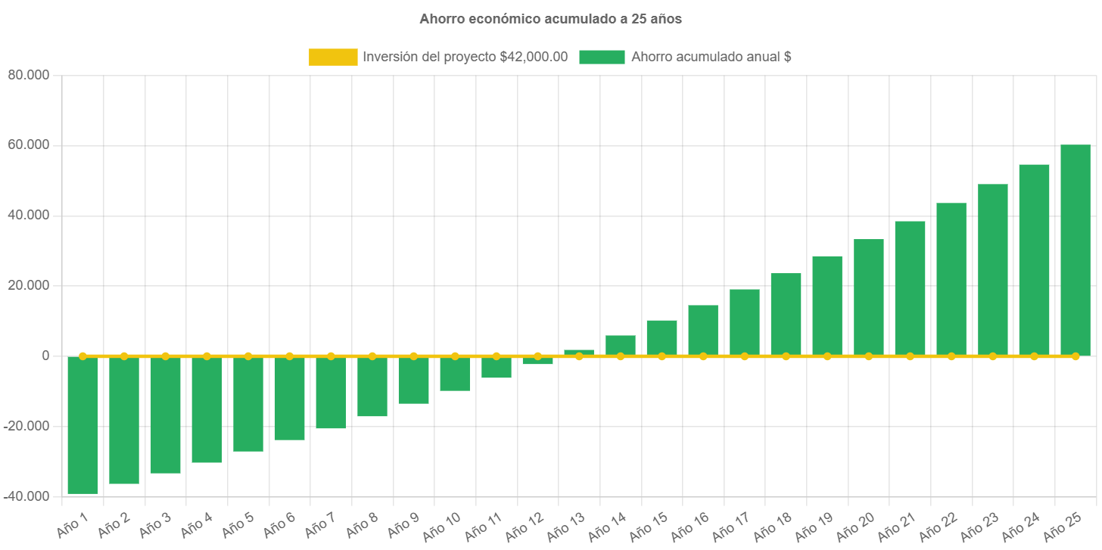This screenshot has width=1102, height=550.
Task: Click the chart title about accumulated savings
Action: tap(550, 20)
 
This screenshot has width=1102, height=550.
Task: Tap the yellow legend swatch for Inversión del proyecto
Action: tap(333, 57)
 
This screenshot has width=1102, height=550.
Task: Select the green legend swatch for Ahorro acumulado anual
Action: tap(602, 57)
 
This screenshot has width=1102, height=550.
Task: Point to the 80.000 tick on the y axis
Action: tap(28, 75)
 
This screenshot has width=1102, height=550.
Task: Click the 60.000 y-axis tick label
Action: tap(28, 144)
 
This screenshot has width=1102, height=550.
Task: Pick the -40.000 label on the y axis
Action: tap(26, 496)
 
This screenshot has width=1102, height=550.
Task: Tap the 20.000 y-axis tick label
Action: tap(28, 285)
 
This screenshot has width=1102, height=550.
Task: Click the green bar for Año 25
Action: tap(1075, 250)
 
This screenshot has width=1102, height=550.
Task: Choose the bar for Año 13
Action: tap(579, 353)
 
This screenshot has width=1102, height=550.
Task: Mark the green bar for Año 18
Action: tap(786, 314)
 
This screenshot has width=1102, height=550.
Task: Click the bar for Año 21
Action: tap(910, 288)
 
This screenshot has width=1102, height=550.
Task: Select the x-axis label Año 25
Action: tap(1062, 527)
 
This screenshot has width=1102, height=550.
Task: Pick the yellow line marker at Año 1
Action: tap(82, 356)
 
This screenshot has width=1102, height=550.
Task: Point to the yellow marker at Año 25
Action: tap(1075, 356)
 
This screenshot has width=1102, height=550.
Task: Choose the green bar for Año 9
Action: tap(413, 381)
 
